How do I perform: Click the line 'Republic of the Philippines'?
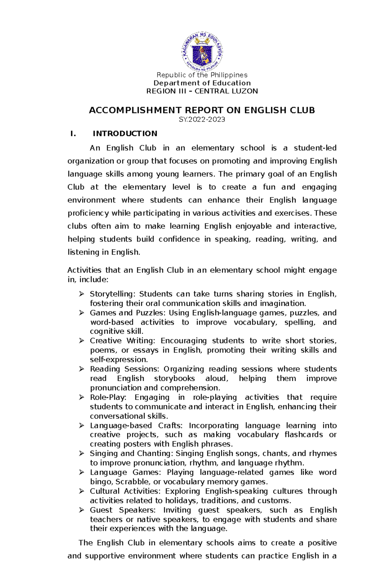(x=202, y=75)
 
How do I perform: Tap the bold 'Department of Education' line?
(x=202, y=83)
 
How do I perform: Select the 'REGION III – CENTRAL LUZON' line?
(x=202, y=91)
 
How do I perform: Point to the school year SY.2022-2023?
(x=202, y=120)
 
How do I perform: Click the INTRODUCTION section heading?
(x=125, y=134)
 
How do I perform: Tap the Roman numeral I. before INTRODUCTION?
(x=73, y=134)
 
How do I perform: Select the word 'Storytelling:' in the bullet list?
(x=113, y=294)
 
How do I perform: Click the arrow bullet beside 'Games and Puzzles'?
(x=81, y=313)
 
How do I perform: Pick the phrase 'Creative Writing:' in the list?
(x=123, y=341)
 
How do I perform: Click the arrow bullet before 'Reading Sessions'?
(x=81, y=369)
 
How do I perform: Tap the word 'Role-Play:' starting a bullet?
(x=108, y=398)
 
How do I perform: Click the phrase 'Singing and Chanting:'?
(x=131, y=454)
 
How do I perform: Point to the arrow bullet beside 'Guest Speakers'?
(x=81, y=510)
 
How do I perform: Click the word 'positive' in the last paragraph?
(x=322, y=543)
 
